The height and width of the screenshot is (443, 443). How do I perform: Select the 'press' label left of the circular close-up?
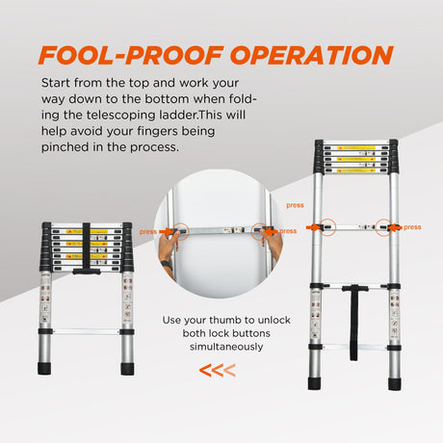147,231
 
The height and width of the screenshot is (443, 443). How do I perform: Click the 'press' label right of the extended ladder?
412,227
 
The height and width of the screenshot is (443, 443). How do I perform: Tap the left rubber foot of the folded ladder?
46,368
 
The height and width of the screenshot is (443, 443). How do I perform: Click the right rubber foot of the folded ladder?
127,368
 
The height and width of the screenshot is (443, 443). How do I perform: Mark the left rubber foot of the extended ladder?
315,382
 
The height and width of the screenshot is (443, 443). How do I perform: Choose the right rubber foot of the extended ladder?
394,382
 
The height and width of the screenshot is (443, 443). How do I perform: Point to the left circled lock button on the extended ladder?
319,227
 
